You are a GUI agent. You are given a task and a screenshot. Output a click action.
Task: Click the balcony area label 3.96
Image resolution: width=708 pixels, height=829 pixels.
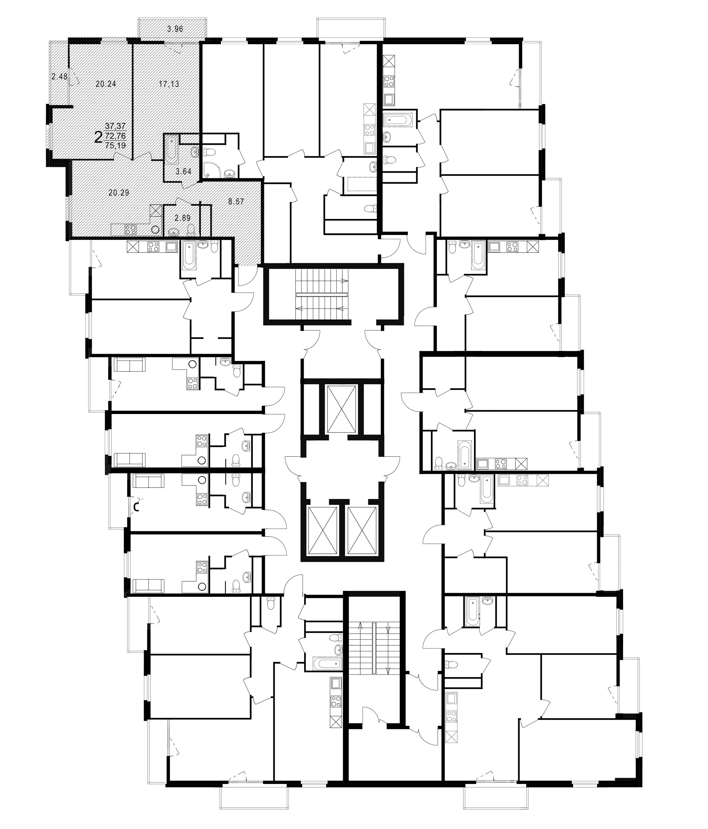pyautogui.click(x=175, y=28)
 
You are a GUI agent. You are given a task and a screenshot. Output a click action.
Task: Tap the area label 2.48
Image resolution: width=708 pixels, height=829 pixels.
pyautogui.click(x=59, y=76)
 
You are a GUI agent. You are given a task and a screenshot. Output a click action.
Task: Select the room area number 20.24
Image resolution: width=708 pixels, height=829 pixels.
pyautogui.click(x=106, y=84)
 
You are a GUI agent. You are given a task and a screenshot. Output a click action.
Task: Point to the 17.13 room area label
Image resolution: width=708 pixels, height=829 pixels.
pyautogui.click(x=169, y=84)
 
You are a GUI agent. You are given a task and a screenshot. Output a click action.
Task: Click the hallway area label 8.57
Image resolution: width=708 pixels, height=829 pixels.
pyautogui.click(x=236, y=202)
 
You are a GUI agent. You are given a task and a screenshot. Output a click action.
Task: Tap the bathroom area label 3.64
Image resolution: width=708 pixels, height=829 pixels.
pyautogui.click(x=184, y=172)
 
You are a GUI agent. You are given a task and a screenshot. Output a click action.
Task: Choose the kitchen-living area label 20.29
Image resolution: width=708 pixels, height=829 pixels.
pyautogui.click(x=119, y=193)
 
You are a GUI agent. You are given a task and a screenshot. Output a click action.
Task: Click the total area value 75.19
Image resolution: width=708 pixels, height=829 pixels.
pyautogui.click(x=115, y=146)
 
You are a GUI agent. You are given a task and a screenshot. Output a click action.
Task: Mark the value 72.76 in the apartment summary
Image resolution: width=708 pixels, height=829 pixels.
pyautogui.click(x=115, y=136)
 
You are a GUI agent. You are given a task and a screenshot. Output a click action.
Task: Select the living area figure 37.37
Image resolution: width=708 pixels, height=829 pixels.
pyautogui.click(x=115, y=126)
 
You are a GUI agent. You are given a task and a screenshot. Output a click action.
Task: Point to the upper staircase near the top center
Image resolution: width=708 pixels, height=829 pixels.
pyautogui.click(x=322, y=294)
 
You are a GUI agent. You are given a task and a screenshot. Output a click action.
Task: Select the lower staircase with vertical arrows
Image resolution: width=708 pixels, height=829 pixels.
pyautogui.click(x=375, y=649)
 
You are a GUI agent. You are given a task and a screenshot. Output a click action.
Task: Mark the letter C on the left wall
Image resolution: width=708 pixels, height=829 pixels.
pyautogui.click(x=136, y=507)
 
